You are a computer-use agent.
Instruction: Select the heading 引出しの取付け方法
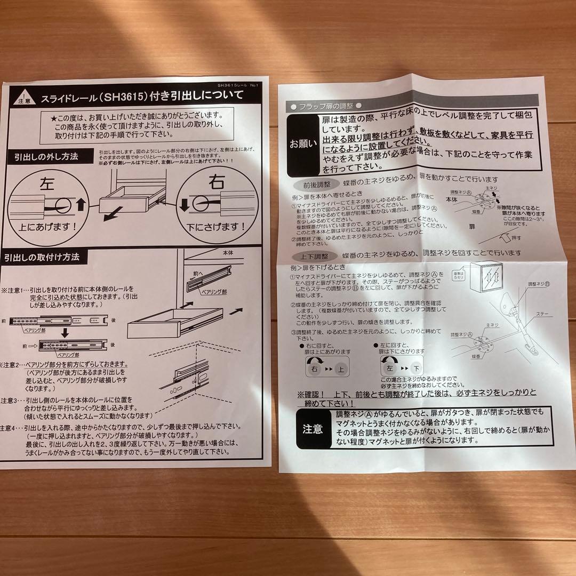(x=42, y=257)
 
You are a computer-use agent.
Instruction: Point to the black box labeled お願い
(x=302, y=144)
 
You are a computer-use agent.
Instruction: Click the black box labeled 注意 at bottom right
(x=313, y=428)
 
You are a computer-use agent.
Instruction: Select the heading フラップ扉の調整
(x=324, y=106)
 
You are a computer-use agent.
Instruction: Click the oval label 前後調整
(x=314, y=183)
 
